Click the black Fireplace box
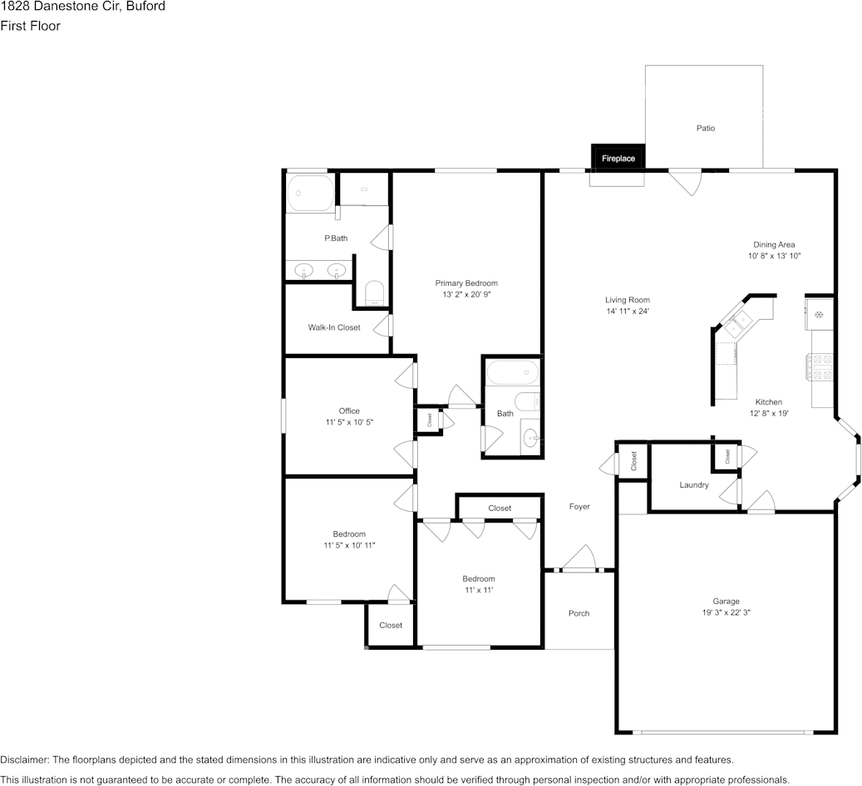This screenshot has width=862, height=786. click(x=618, y=157)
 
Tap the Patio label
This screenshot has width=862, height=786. click(x=706, y=128)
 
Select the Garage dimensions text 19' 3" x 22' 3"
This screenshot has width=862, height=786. click(x=726, y=612)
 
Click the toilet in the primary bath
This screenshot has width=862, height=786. click(x=375, y=293)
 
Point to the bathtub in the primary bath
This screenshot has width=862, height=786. click(x=311, y=193)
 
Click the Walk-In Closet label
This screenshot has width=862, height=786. click(x=334, y=327)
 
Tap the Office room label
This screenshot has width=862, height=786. click(x=349, y=411)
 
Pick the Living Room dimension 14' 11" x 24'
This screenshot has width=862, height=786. click(x=628, y=311)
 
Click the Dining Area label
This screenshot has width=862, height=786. click(x=774, y=244)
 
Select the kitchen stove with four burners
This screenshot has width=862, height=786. click(x=819, y=366)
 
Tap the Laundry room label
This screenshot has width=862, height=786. click(x=694, y=484)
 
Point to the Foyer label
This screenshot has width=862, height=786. click(x=579, y=507)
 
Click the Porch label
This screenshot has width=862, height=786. click(x=579, y=613)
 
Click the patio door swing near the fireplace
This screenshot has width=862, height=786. click(x=685, y=183)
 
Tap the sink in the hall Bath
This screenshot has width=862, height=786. click(x=530, y=438)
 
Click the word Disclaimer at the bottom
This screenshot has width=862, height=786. click(x=24, y=759)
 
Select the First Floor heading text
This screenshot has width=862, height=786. click(x=30, y=26)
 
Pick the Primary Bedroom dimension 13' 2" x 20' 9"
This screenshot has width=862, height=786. click(x=466, y=295)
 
